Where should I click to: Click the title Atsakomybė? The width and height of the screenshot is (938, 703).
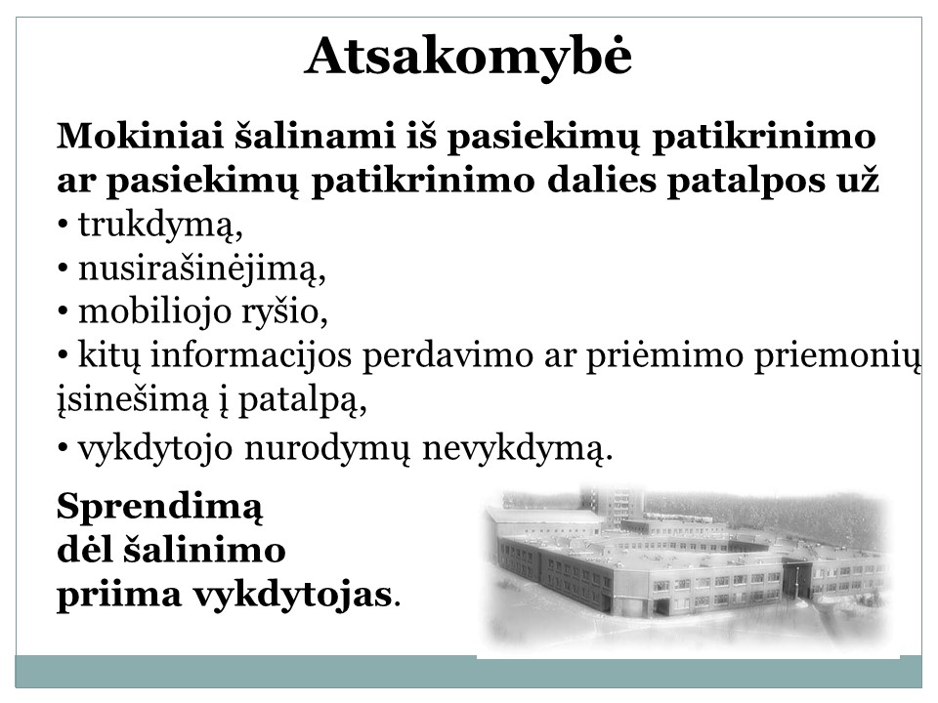468,58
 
